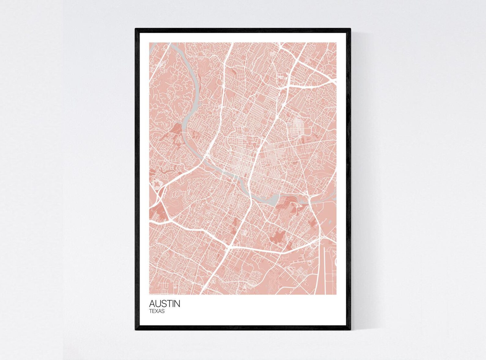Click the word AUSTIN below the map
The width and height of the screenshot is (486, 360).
click(x=165, y=304)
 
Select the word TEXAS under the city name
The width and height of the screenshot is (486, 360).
click(x=157, y=311)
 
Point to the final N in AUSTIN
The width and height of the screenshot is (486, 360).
click(x=177, y=304)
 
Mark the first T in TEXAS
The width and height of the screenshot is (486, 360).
click(x=151, y=311)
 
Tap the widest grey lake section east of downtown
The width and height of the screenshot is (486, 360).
click(x=272, y=200)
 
